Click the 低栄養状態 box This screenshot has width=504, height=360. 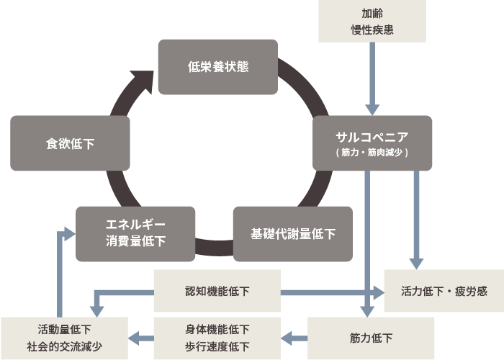(x=218, y=67)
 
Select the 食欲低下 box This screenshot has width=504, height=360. (x=70, y=143)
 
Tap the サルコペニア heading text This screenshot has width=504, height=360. (x=372, y=138)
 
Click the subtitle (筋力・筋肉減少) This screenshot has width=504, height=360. (x=372, y=152)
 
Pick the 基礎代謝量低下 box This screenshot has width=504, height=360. (x=293, y=234)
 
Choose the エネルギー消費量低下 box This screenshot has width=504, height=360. (x=135, y=234)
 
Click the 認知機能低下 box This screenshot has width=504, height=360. (x=217, y=291)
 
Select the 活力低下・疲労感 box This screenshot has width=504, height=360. (x=444, y=291)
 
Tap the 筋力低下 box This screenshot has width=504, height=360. (x=371, y=338)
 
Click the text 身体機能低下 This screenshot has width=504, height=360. (x=217, y=330)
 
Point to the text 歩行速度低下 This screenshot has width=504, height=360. (x=217, y=347)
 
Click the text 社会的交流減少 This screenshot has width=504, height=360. (x=64, y=347)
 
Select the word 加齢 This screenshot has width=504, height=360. (x=372, y=14)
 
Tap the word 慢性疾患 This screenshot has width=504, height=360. (x=372, y=30)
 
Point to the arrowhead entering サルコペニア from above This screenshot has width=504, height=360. (x=372, y=109)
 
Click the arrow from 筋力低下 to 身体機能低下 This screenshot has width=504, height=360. (x=294, y=338)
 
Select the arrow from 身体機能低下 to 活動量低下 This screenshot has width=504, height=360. (x=141, y=338)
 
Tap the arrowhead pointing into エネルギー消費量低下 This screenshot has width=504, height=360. (x=69, y=234)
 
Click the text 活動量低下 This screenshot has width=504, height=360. (x=64, y=330)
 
